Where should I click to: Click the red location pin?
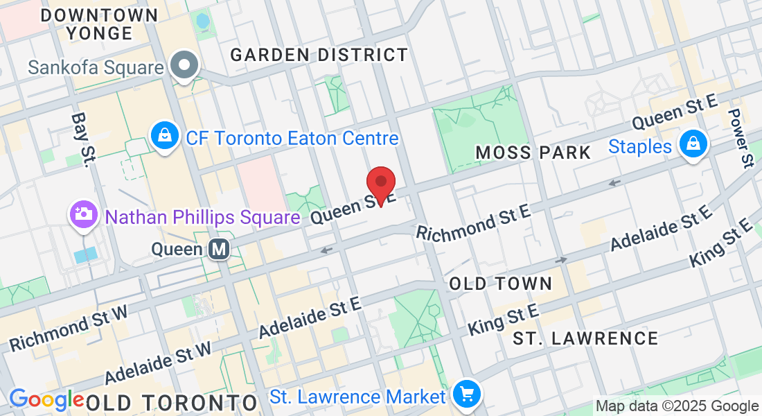[x=380, y=184]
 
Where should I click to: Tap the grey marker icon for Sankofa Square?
[x=185, y=67]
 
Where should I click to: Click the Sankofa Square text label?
[x=96, y=67]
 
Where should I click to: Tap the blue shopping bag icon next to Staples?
[x=693, y=145]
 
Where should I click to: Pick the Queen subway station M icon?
[x=220, y=248]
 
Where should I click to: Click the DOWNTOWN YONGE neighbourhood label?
[x=99, y=24]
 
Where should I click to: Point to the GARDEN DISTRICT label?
[x=319, y=55]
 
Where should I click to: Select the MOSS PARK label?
[x=533, y=153]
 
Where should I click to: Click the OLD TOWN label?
[x=500, y=283]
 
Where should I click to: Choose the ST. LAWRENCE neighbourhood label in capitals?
[x=585, y=338]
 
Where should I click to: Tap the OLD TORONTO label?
[x=172, y=401]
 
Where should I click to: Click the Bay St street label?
[x=82, y=139]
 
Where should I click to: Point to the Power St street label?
[x=741, y=138]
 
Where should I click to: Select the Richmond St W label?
[x=69, y=328]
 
